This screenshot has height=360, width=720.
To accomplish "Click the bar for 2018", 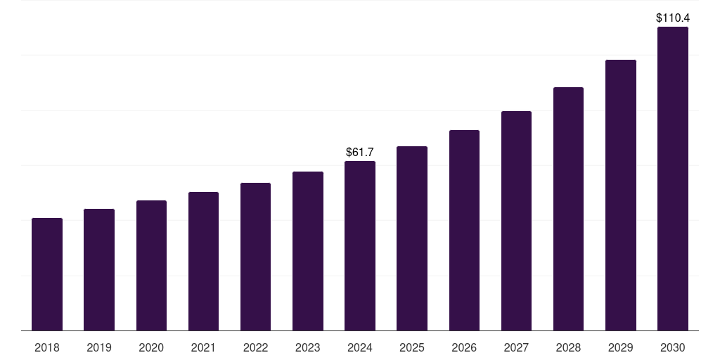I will coord(47,274).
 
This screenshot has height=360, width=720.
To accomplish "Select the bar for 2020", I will coord(151,266).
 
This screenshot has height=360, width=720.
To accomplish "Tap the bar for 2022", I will coord(255,257).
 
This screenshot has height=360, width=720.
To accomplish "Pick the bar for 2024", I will coord(360,246).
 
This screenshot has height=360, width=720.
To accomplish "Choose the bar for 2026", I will coord(464,231).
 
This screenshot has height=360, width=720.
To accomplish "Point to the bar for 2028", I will coord(568,209).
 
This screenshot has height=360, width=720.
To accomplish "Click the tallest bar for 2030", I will coord(673,179).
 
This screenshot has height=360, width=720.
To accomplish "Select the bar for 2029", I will coord(621,195).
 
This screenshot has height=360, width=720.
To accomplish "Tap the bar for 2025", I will coord(412,238).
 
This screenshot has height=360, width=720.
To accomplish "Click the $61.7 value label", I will coord(360,152).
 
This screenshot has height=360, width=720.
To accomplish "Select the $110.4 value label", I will coord(673,18).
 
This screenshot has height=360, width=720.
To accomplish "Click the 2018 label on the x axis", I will coord(47,347).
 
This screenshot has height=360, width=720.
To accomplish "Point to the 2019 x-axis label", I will coord(99,347).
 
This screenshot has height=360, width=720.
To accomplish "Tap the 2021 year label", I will coord(203,347).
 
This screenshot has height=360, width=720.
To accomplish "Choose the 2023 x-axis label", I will coord(308,347).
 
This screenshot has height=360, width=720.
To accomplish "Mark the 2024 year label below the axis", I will coord(360,347).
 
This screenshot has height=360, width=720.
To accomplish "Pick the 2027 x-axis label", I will coord(516,347).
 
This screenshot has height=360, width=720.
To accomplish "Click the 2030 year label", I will coord(673,347).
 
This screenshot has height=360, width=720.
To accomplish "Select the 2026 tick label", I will coord(464,347).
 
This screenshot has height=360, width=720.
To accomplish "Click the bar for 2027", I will coord(516,221).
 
